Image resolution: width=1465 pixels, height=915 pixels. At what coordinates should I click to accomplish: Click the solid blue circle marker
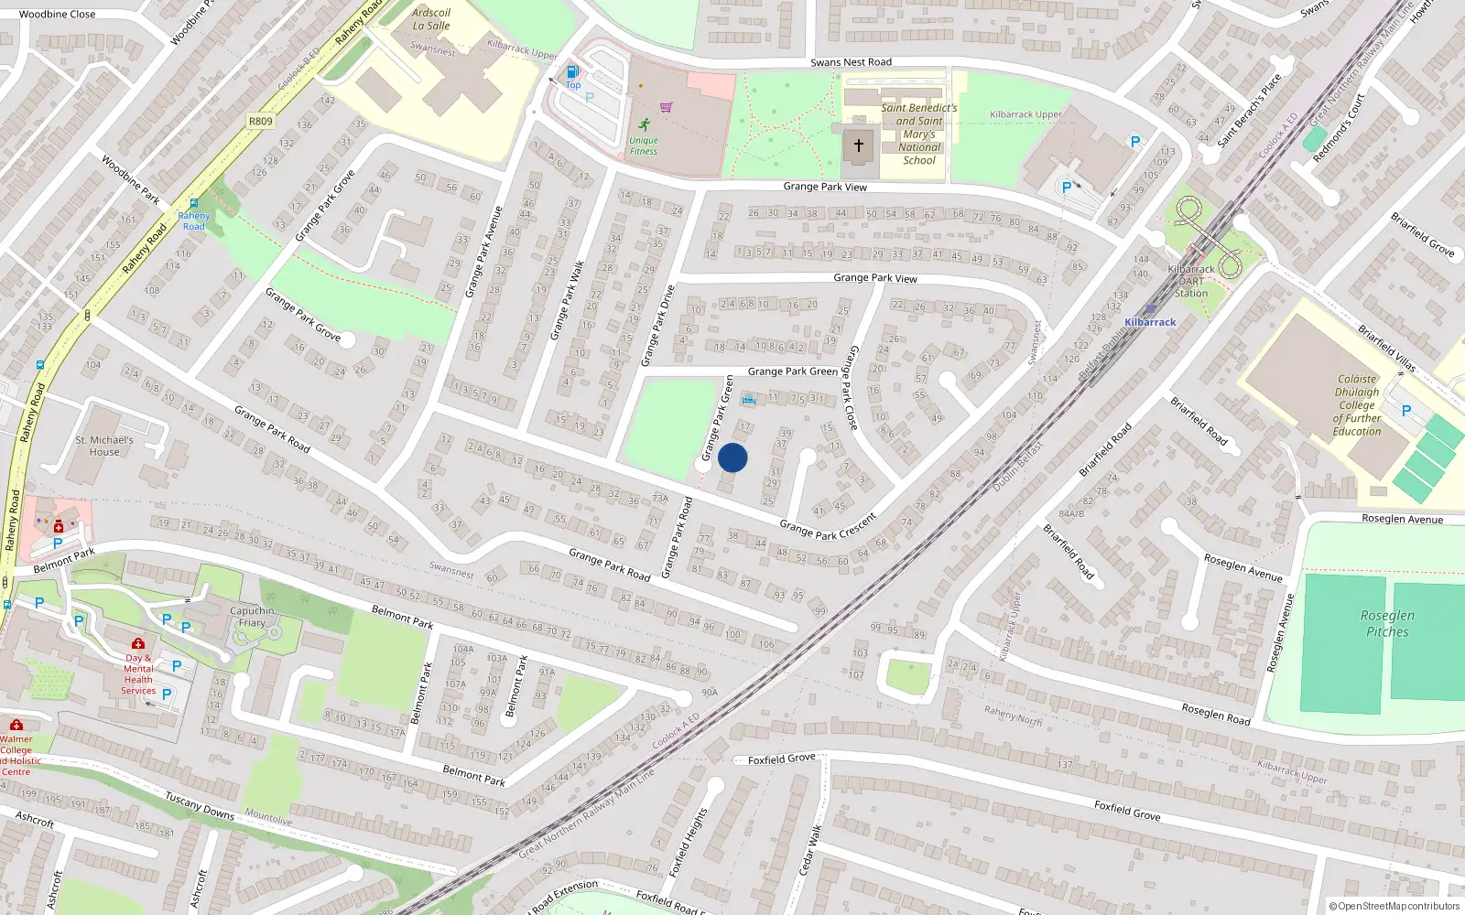click(732, 457)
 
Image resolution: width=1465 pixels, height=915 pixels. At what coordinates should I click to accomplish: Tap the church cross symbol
click(859, 145)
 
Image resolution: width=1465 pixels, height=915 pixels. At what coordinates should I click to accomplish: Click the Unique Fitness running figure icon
click(645, 124)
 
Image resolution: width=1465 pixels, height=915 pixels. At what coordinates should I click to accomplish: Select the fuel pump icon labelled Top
click(572, 71)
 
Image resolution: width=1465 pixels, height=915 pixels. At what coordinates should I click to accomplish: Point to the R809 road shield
click(261, 121)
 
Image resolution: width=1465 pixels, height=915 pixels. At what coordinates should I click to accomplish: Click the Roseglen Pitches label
click(1387, 623)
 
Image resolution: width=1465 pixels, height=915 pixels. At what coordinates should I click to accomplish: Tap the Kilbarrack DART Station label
click(1191, 281)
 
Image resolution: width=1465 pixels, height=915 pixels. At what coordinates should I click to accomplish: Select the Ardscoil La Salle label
click(431, 19)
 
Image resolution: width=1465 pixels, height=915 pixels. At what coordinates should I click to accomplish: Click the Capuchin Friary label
click(252, 617)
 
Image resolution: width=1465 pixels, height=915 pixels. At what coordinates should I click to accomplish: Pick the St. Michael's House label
click(104, 446)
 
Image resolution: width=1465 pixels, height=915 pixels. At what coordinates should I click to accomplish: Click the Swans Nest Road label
click(851, 62)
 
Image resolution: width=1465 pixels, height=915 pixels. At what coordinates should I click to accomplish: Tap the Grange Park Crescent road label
click(828, 526)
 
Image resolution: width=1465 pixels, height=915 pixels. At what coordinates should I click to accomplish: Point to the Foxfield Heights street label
click(688, 842)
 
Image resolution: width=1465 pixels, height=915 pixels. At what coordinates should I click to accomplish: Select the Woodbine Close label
click(57, 14)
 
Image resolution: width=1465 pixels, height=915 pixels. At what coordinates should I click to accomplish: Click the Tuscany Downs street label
click(200, 805)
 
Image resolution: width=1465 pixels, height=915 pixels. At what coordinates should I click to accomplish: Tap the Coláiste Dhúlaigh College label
click(1357, 404)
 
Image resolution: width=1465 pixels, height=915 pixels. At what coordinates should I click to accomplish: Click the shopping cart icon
click(666, 107)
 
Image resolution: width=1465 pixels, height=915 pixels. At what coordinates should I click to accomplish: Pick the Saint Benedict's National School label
click(919, 134)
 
